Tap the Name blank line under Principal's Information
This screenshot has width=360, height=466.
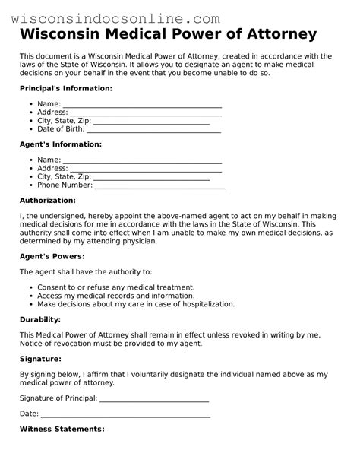pos(142,105)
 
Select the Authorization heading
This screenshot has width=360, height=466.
pos(47,201)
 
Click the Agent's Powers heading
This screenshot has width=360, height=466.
pos(52,256)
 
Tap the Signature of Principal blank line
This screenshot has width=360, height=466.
pos(154,398)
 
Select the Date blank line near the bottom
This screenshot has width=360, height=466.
pos(125,414)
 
